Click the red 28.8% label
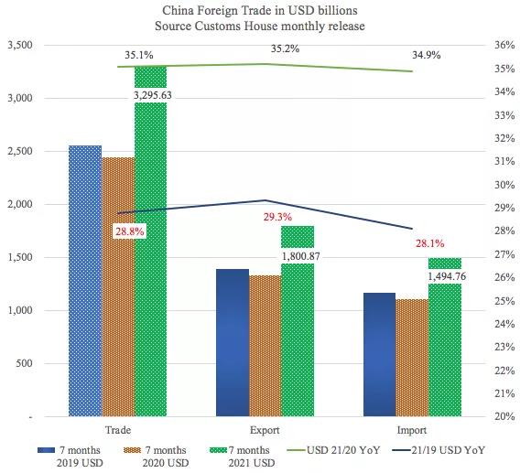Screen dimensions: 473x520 tap(128, 232)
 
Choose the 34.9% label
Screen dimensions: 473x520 tap(426, 55)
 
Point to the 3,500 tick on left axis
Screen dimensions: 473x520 tap(20, 45)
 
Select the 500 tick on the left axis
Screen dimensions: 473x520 tap(25, 363)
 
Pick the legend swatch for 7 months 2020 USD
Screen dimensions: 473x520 tap(135, 450)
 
